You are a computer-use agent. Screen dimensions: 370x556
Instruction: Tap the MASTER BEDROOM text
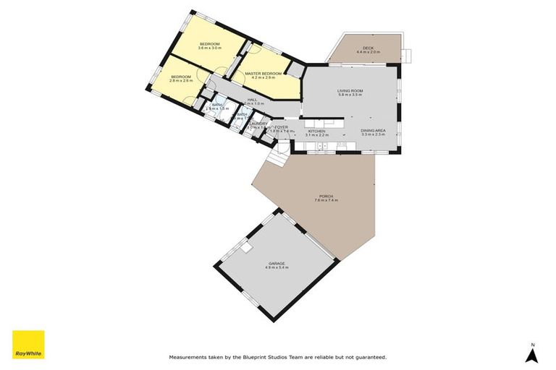point(262,73)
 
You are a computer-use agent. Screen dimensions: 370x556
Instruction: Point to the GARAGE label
point(277,263)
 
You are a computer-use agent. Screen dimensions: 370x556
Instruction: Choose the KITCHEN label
point(316,131)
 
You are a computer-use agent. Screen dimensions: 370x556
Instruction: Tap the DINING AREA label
point(374,131)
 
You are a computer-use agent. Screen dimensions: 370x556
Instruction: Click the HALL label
point(252,100)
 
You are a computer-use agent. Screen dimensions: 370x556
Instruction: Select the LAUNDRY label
point(258,124)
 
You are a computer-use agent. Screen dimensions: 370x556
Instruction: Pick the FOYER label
point(282,127)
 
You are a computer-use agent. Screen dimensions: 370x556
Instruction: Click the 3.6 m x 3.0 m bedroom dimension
point(210,48)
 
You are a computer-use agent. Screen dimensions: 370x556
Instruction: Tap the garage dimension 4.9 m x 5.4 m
point(277,267)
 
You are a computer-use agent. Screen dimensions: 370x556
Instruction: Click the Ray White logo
point(28,345)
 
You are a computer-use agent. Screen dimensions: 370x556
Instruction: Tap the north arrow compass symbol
point(532,353)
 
